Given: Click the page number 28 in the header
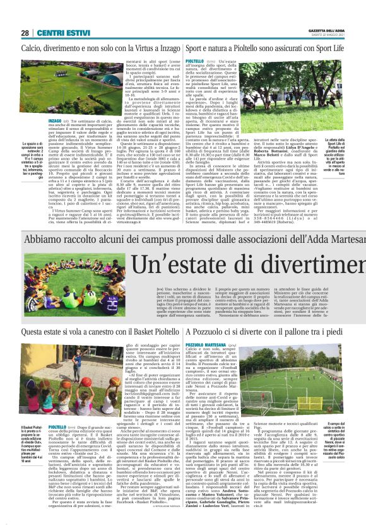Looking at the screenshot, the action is click(25, 32).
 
